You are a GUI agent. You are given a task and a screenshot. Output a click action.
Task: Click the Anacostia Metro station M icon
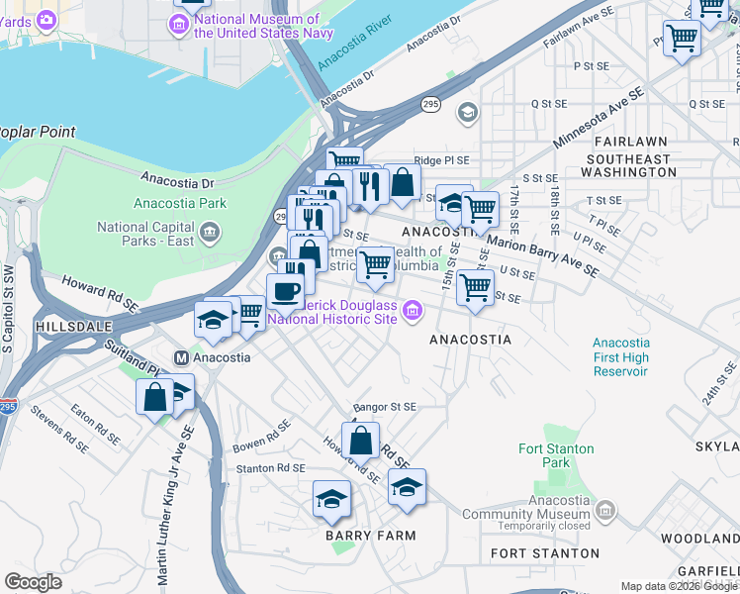pos(181,357)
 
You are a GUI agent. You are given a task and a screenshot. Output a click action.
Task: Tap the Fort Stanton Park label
pos(556,455)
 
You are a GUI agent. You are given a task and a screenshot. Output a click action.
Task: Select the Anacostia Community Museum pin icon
pos(605,511)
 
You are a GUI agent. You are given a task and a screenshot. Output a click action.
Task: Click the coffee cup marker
pos(285,291)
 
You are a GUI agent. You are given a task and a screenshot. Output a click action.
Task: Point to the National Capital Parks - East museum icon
pos(210,233)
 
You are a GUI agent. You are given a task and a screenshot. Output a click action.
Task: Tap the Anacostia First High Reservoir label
pos(620,356)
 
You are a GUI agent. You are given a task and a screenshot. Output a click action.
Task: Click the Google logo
pos(33,582)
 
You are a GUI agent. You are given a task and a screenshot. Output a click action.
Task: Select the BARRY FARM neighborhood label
pos(370,536)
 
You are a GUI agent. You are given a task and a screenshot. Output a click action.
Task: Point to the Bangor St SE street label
pos(385,407)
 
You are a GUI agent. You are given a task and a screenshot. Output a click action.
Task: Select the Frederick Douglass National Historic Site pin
pos(413,315)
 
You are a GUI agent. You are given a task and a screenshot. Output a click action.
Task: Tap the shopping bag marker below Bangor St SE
pos(362,440)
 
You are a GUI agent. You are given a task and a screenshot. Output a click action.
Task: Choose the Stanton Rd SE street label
pos(269,467)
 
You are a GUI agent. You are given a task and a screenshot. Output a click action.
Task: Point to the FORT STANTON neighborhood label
pos(545,552)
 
